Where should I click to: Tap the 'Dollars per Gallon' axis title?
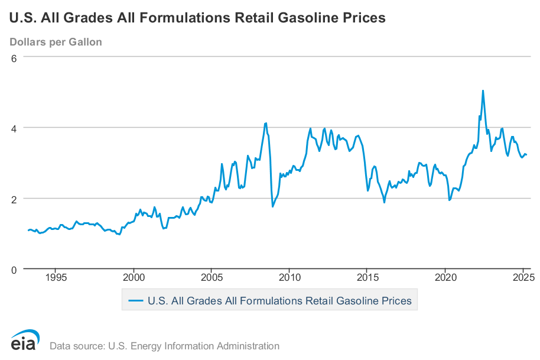coord(56,42)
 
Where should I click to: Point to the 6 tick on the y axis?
coord(16,57)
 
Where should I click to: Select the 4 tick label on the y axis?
coord(16,128)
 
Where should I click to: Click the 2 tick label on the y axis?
coord(16,199)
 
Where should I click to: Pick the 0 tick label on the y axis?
coord(16,270)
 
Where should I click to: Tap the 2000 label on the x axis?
coord(134,277)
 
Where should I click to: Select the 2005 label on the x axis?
coord(212,277)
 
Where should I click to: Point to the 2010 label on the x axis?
coord(289,277)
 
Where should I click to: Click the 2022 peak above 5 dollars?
coord(483,91)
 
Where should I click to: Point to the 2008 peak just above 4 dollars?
coord(266,123)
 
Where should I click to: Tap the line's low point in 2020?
coord(450,200)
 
